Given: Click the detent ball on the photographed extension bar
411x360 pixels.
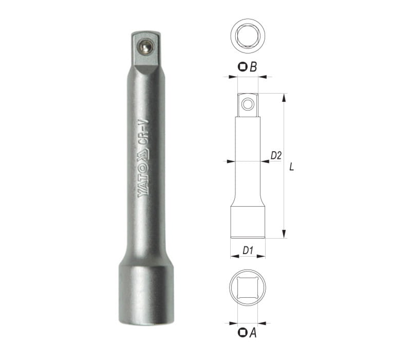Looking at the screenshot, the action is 146,47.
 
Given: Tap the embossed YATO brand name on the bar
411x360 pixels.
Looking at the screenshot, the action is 143,181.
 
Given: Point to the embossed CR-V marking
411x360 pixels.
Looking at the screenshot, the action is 143,133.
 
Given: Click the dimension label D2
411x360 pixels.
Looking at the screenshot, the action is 276,156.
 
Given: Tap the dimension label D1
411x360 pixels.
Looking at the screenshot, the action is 248,250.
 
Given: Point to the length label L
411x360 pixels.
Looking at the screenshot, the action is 291,167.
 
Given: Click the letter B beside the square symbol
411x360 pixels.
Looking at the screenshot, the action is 253,67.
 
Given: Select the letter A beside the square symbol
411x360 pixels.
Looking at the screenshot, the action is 253,333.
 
